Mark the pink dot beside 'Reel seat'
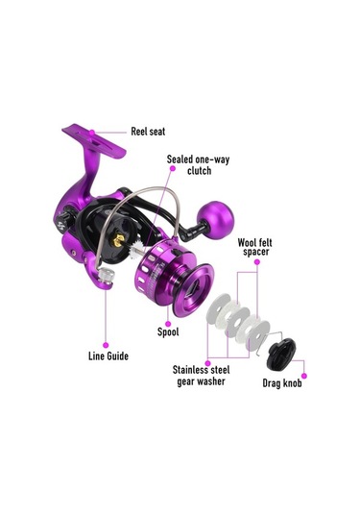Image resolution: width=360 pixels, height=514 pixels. pos(131,132)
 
